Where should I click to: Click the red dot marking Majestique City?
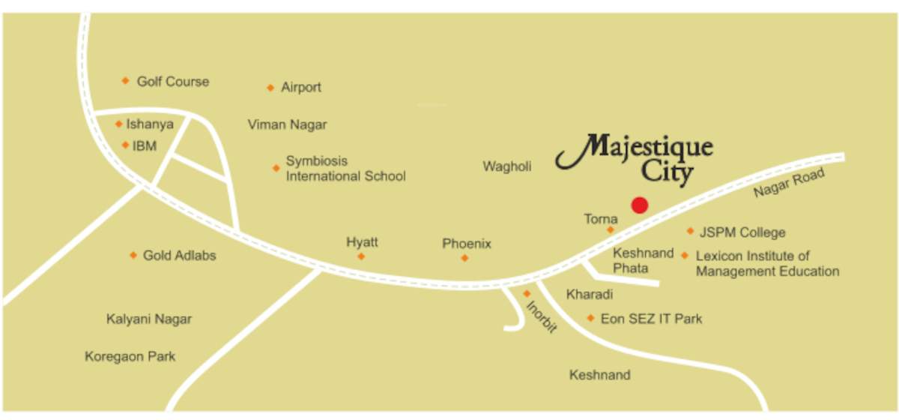639,205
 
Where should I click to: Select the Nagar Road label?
789,183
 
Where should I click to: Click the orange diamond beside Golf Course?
125,81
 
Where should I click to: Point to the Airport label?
301,87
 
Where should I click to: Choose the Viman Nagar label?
287,124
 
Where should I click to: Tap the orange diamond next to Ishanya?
118,124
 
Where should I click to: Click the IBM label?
145,145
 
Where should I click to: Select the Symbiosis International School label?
345,169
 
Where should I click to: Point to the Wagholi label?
507,166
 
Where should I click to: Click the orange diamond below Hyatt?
361,256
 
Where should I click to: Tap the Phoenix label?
467,244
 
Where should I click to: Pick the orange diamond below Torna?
611,229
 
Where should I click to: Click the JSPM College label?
742,232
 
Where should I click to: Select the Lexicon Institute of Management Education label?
767,263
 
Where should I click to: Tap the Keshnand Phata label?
643,260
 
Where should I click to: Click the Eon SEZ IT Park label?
651,319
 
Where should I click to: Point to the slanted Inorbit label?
542,316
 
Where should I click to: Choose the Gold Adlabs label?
179,255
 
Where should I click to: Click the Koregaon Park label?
130,356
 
